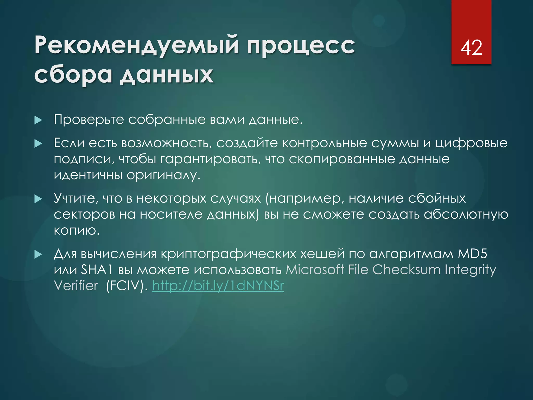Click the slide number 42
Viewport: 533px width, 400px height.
pos(471,48)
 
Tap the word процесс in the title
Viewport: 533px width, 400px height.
pos(301,46)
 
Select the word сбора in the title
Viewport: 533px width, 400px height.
pos(73,75)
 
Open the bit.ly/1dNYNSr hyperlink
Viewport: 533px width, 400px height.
pos(218,286)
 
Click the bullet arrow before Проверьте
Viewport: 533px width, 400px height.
pos(38,120)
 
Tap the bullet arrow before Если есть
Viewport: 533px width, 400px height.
pos(38,143)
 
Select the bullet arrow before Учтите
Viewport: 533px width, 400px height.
pos(38,199)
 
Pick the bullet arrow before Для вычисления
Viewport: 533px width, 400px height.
pos(38,254)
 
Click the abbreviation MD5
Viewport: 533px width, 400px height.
pos(472,254)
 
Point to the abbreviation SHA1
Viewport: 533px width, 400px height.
pos(97,270)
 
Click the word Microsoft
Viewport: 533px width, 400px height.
pos(315,270)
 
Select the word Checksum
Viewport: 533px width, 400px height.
pos(406,270)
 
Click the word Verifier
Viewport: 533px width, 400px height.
pos(76,286)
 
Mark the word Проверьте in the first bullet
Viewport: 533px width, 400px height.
pos(89,120)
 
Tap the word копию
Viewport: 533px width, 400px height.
pos(77,230)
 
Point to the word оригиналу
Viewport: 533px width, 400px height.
pos(164,175)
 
